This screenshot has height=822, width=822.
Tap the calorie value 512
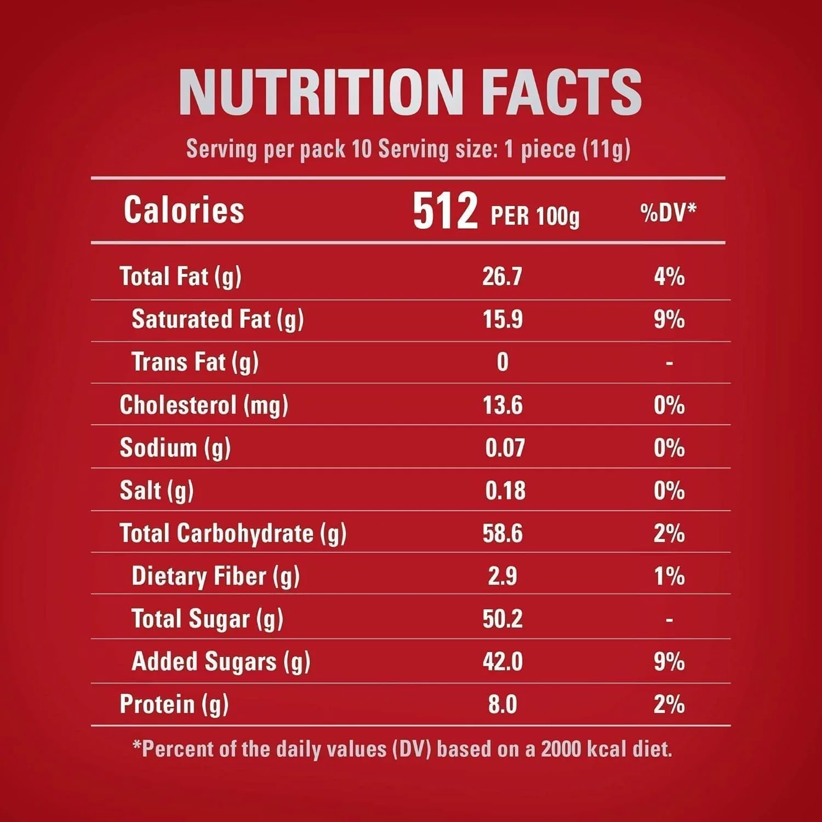coord(445,211)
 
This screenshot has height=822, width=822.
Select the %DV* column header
coord(668,213)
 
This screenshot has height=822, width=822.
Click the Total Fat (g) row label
coord(180,277)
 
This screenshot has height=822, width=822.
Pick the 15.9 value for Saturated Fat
coord(503,319)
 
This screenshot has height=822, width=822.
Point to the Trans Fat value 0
coord(503,362)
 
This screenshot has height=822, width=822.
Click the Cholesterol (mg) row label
coord(204,406)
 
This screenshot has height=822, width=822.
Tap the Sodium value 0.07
coord(505,448)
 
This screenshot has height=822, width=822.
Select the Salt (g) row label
coord(157,491)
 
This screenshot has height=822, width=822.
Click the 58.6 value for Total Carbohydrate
coord(503,534)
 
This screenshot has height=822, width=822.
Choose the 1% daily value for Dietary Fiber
coord(669,576)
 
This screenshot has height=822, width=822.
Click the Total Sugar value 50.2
coord(503,619)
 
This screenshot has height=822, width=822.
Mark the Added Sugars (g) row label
coord(221,662)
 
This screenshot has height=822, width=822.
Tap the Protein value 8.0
coord(503,705)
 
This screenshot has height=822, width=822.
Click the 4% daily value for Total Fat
coord(669,277)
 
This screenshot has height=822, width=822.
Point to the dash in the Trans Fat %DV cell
coord(669,363)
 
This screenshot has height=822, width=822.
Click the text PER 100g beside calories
coord(535,216)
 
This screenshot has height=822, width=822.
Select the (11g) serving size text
coord(607,149)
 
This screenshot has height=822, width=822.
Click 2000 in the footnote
coord(561,749)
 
